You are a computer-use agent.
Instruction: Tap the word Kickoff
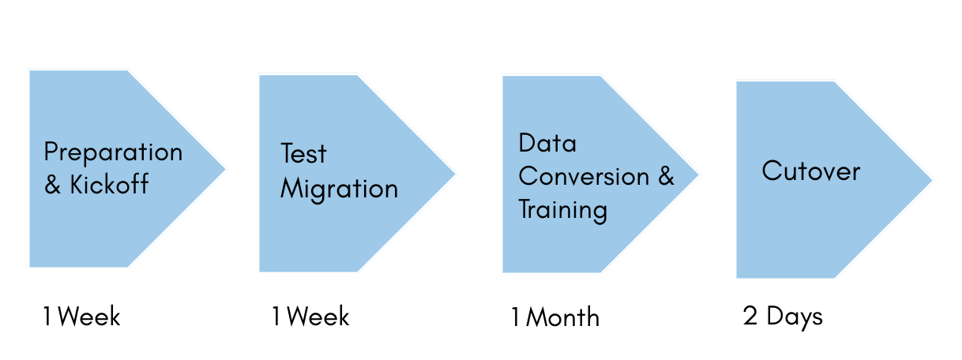(x=109, y=186)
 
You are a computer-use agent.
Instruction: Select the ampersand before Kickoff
(x=53, y=186)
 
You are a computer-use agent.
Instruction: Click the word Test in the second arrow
(x=304, y=154)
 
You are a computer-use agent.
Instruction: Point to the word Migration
(x=340, y=189)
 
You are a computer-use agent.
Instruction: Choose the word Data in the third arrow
(x=547, y=144)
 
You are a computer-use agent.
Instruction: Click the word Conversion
(x=584, y=176)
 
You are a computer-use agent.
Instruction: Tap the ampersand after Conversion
(x=666, y=176)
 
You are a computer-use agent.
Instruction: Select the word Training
(x=562, y=210)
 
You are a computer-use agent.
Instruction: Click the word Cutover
(x=810, y=171)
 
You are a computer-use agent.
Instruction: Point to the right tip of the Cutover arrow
(x=934, y=179)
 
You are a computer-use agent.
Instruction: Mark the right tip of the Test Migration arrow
(x=457, y=174)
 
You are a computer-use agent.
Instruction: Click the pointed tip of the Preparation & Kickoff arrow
(x=227, y=168)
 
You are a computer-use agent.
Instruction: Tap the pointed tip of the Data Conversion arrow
(x=701, y=174)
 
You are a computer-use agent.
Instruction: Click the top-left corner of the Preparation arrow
(x=29, y=69)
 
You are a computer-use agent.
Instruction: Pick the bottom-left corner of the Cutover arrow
(x=736, y=278)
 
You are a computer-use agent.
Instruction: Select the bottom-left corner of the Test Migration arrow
(x=259, y=272)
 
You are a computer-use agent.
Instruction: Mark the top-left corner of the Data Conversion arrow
(x=502, y=76)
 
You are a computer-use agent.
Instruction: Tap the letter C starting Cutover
(x=770, y=171)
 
